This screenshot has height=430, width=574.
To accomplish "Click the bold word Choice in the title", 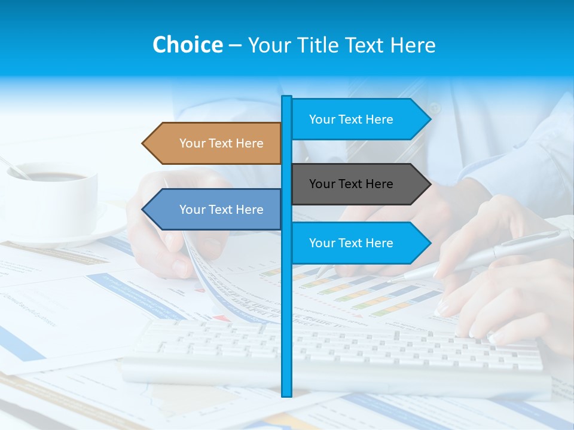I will pos(187,45).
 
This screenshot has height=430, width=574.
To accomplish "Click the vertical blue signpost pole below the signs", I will pos(287,328).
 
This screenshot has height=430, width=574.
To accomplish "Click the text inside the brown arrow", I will pos(221,143).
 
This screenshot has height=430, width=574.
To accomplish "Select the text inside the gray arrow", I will pos(351,184).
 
